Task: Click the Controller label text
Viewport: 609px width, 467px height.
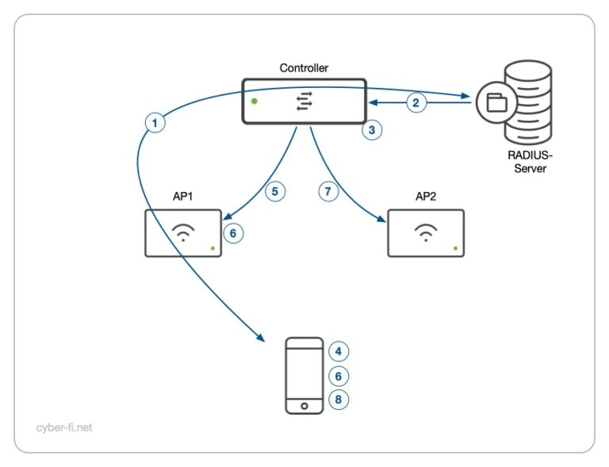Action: click(304, 68)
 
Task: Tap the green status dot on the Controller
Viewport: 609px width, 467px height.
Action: click(254, 101)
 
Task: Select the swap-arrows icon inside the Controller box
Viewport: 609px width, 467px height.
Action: click(304, 101)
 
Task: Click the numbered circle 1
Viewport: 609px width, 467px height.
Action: click(155, 123)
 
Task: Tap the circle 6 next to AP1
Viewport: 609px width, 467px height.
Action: click(232, 233)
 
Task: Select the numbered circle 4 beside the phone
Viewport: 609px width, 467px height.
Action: click(339, 351)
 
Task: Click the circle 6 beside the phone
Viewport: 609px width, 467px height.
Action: click(339, 376)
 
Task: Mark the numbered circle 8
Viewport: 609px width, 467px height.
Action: click(339, 400)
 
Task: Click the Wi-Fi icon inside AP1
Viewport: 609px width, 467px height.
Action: click(183, 232)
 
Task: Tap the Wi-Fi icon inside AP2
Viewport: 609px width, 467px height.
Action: click(427, 232)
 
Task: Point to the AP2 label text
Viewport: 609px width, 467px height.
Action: click(427, 197)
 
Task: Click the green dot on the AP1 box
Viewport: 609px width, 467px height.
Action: click(213, 249)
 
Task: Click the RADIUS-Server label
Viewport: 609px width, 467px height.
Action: click(530, 163)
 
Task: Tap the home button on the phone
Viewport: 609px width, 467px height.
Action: click(304, 405)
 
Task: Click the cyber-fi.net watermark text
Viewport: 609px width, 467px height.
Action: click(64, 427)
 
